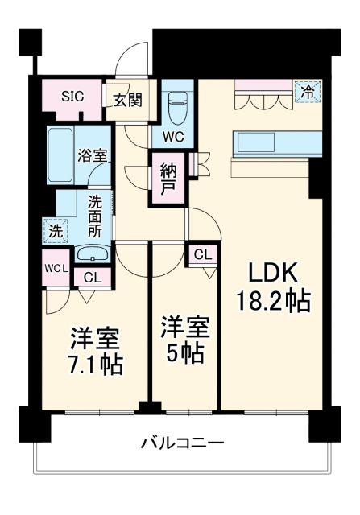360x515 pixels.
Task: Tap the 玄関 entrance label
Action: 127,101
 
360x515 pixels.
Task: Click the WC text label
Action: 174,137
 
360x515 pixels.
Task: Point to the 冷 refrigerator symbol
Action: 307,93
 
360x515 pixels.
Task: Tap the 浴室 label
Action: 92,155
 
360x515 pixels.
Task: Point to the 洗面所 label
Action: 95,215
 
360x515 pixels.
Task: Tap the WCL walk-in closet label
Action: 55,267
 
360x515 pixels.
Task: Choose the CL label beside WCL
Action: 93,278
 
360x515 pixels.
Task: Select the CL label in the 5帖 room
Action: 203,255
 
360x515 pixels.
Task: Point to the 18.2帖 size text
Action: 272,301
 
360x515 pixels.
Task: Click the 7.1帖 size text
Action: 94,364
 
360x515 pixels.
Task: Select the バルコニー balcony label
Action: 182,443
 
